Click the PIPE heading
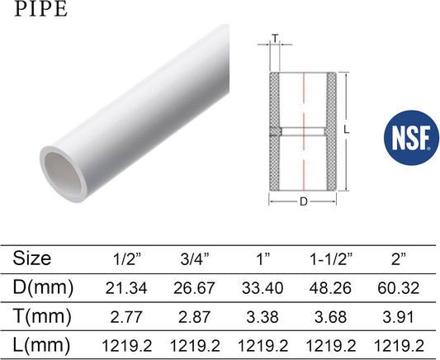41,9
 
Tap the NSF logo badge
411,138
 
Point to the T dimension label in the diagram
275,38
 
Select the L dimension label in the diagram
347,130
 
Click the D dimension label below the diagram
304,201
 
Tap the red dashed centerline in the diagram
304,131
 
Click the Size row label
32,258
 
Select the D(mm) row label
43,287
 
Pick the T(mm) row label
42,316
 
